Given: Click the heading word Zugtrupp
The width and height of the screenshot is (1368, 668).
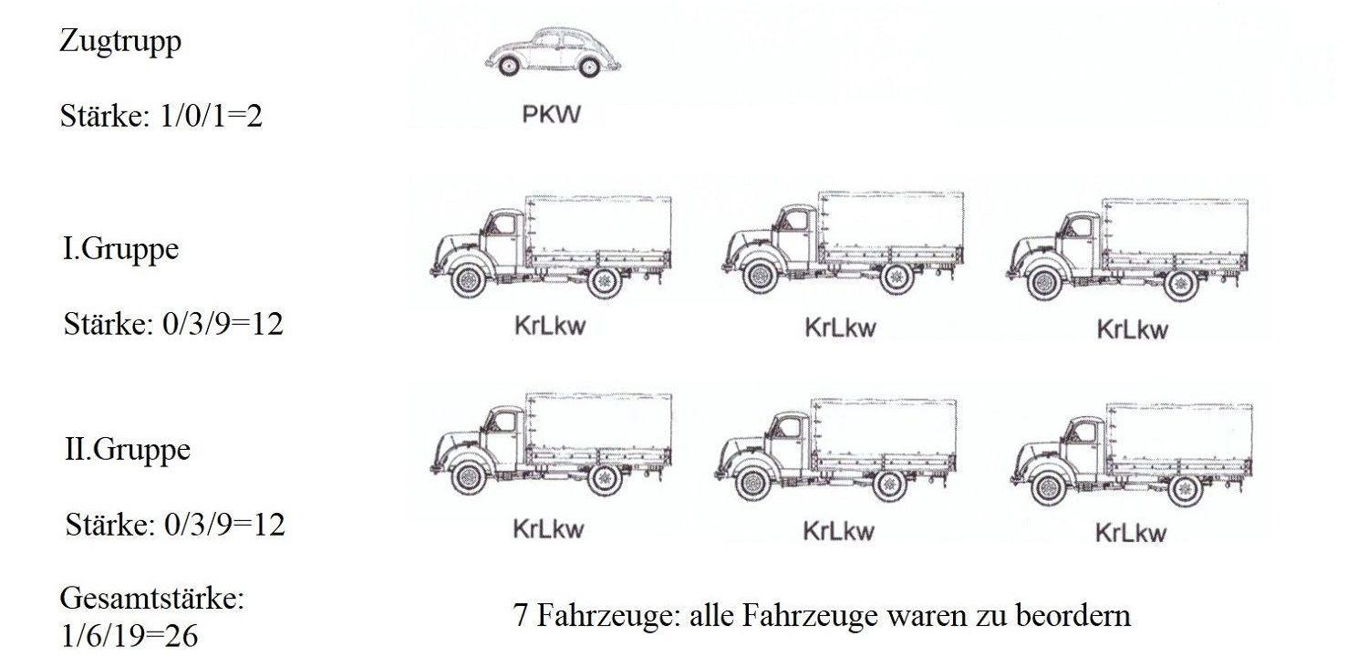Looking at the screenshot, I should coord(119,42).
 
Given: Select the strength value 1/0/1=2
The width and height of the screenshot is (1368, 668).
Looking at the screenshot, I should coord(161,117).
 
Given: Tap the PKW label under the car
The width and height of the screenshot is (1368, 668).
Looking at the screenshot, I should coord(551,117).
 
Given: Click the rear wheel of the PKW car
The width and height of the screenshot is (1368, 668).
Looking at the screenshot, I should coord(589,67).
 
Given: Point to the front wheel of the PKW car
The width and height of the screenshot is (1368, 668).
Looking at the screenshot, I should coord(508,67).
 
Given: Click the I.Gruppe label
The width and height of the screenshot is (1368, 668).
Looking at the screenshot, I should coord(120,250).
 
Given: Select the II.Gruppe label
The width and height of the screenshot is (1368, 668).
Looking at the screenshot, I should coord(128,450).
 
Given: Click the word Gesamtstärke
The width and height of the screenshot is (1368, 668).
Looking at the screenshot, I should coord(152,600).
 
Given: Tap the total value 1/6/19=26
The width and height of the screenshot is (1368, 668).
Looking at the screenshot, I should coord(129,636).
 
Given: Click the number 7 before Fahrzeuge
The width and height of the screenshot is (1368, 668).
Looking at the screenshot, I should coord(521,615).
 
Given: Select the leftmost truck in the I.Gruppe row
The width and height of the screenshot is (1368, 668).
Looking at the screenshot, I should coord(551,246).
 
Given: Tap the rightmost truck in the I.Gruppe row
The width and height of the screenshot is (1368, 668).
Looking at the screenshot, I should coord(1131,248).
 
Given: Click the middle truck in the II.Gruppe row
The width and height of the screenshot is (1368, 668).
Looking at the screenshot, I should coord(837,449).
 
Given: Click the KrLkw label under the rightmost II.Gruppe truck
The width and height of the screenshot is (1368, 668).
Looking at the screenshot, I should coord(1131,533).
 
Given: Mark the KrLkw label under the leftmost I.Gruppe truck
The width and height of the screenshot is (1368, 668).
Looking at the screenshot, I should coord(549,327).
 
